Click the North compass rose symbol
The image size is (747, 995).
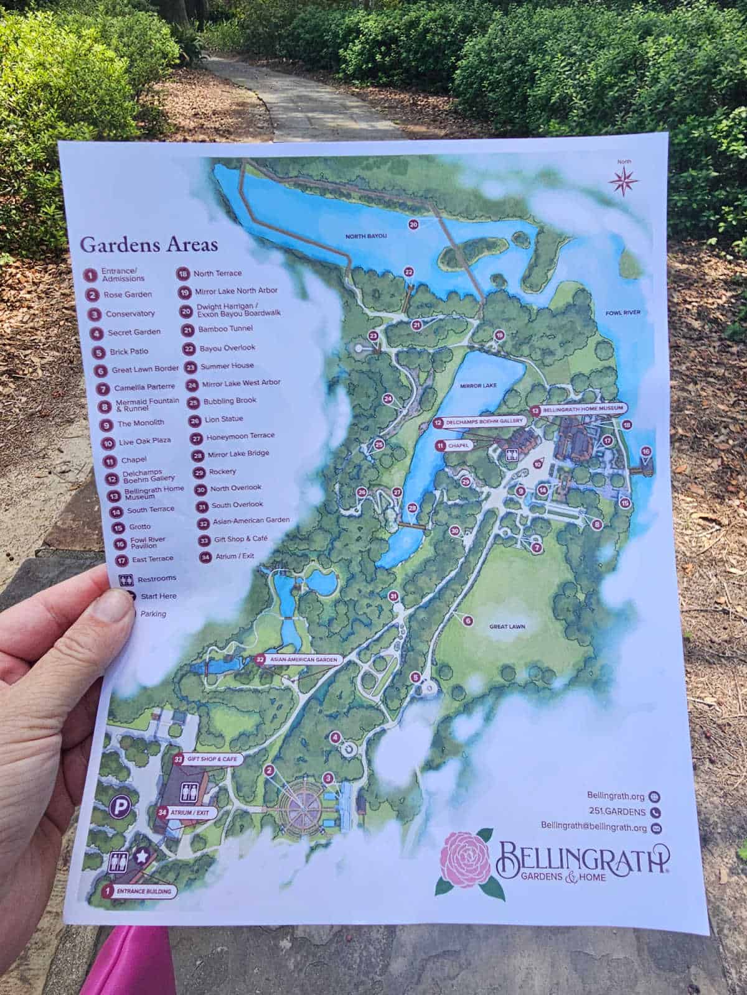coord(624,181)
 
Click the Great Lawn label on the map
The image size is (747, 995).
coord(507,627)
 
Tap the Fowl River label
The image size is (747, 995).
coord(623,312)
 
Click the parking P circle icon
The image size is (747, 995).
coord(119,809)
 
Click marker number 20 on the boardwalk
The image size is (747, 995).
coord(413,224)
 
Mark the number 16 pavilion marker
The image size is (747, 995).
coord(646,451)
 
